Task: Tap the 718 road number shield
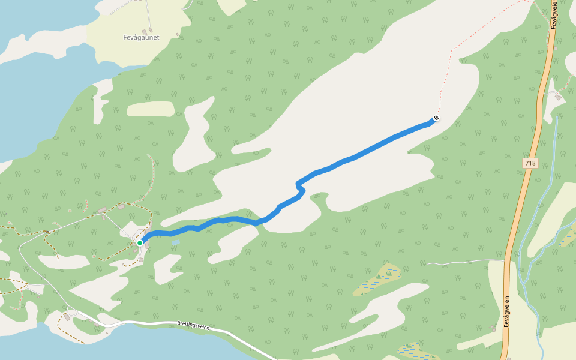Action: tap(530, 163)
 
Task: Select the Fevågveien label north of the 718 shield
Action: tap(555, 14)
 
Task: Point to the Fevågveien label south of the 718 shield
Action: tap(507, 311)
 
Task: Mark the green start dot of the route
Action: tap(140, 242)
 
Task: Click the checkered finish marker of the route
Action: tap(436, 118)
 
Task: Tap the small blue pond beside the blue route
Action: tap(175, 243)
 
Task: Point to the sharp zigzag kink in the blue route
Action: tap(299, 187)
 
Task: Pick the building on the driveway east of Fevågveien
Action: tap(558, 96)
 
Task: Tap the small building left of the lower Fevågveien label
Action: tap(493, 328)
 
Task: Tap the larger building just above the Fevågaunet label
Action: tap(144, 31)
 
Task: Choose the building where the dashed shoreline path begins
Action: tap(67, 316)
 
